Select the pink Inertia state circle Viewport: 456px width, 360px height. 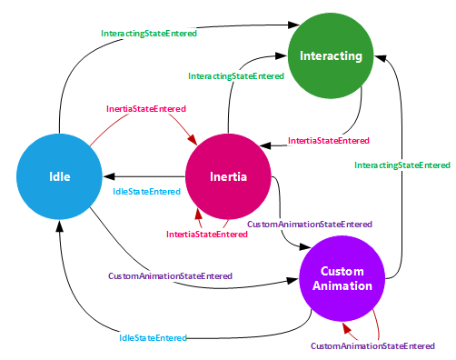pos(228,175)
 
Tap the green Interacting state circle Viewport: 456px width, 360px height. pos(331,56)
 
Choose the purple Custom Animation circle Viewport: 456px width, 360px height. pos(347,278)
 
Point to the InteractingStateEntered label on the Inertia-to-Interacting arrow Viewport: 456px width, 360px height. pos(237,77)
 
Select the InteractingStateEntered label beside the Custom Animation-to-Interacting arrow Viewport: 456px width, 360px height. pos(402,165)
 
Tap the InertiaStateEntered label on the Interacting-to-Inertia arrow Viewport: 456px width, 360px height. pos(329,140)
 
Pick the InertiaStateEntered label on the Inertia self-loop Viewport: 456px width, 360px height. pos(207,234)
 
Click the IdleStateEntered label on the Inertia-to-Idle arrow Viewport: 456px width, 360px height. pos(146,192)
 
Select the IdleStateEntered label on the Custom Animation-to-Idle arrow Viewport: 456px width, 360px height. pos(153,337)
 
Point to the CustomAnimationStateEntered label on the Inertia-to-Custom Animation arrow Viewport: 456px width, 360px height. pos(309,223)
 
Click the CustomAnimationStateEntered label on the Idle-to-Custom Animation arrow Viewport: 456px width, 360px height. pos(170,275)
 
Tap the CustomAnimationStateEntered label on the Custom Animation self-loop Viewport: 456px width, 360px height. pos(372,345)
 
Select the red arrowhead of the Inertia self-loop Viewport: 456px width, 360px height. pos(199,215)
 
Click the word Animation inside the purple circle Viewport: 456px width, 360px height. pos(347,285)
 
